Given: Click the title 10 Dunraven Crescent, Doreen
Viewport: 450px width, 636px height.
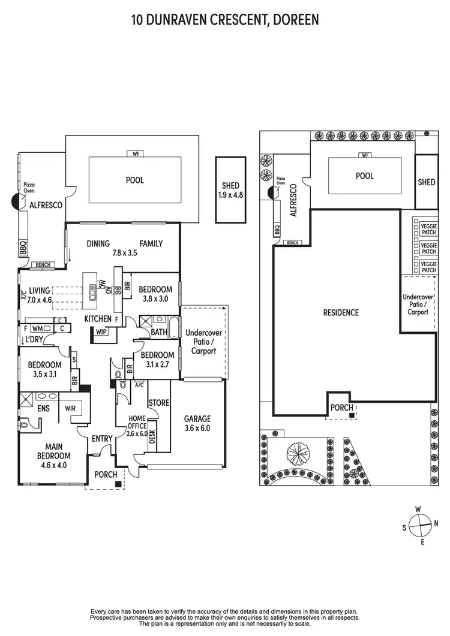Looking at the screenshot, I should (x=225, y=20).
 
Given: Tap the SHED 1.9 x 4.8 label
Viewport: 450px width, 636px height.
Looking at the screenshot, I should (x=230, y=190).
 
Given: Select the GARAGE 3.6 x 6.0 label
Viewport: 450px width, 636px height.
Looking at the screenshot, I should (x=197, y=423).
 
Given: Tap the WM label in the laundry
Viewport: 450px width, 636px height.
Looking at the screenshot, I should (x=38, y=328).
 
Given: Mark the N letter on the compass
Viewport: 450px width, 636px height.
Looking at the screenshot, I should (x=436, y=523).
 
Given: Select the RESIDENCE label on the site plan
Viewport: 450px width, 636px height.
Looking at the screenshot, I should (x=341, y=312).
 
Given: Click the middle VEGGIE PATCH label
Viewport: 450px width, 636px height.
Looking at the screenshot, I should (x=428, y=248).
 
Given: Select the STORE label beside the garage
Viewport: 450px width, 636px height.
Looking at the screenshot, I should (x=158, y=403).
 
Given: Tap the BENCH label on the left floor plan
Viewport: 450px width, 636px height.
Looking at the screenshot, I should (x=44, y=265).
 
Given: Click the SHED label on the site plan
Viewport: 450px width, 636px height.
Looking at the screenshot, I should (x=427, y=182).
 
